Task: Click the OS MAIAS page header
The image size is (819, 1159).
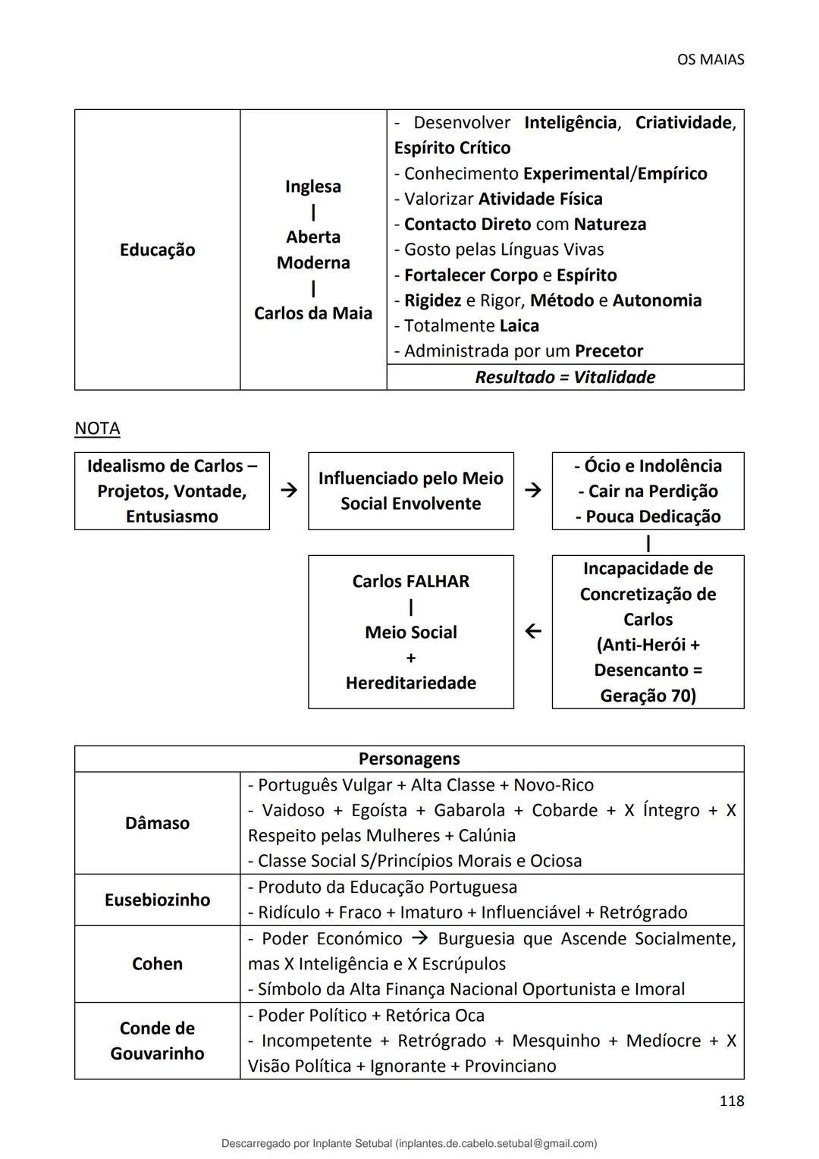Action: tap(710, 59)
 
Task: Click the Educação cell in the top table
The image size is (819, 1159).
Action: tap(157, 250)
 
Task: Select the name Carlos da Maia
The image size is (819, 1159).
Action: tap(312, 313)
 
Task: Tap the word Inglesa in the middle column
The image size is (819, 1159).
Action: tap(312, 187)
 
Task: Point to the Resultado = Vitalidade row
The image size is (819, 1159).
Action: tap(565, 377)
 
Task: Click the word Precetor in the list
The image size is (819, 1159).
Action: tap(608, 351)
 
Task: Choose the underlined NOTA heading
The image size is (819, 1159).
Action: tap(97, 429)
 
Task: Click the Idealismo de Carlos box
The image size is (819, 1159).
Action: tap(172, 491)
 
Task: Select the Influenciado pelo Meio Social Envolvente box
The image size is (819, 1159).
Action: tap(410, 491)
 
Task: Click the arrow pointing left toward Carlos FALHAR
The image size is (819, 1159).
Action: tap(533, 631)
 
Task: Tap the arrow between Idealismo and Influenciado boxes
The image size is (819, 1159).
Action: tap(289, 491)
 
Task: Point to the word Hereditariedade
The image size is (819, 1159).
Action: tap(410, 683)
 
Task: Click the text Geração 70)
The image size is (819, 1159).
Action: tap(648, 696)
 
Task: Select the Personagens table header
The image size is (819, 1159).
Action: tap(409, 759)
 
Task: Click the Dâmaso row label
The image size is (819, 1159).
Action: tap(157, 823)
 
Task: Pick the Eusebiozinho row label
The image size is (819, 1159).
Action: tap(157, 900)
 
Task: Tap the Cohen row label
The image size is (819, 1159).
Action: tap(157, 964)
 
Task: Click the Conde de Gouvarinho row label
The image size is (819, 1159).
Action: tap(157, 1041)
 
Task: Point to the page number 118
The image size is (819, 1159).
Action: tap(731, 1101)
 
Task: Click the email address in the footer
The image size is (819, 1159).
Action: tap(497, 1143)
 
